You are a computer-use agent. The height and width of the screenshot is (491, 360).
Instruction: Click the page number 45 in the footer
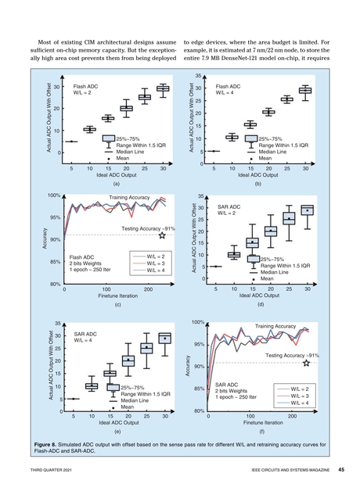(x=340, y=469)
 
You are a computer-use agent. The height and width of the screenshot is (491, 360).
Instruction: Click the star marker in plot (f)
(x=307, y=363)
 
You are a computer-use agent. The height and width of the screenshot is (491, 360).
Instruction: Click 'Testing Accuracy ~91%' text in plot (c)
(x=141, y=228)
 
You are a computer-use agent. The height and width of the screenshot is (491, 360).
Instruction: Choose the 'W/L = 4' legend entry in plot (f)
(x=304, y=403)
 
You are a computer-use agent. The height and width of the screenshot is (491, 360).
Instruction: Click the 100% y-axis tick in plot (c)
(x=54, y=195)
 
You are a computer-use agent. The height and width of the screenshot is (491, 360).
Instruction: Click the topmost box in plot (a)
(x=163, y=88)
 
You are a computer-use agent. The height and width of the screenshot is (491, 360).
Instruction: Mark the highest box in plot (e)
(x=164, y=339)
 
